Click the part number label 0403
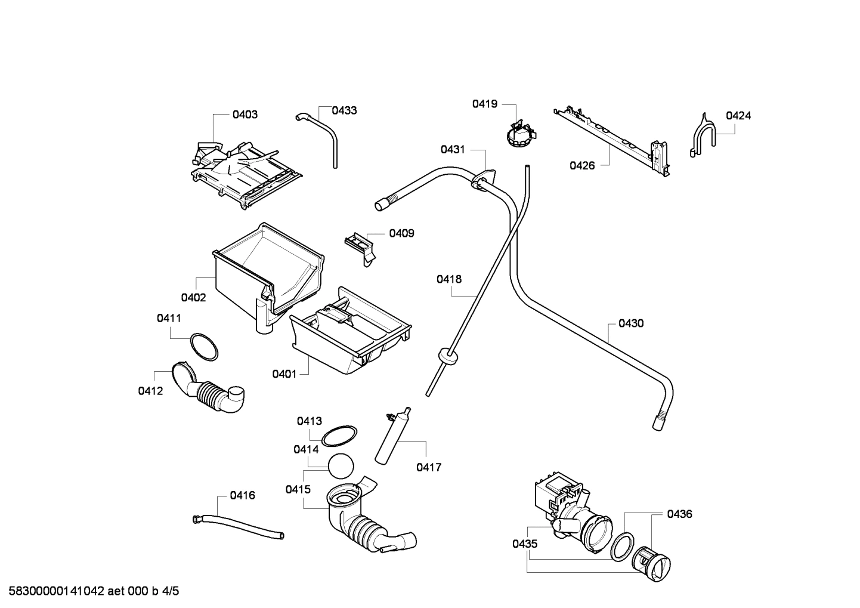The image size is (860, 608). tap(245, 115)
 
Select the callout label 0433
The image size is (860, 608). tap(344, 110)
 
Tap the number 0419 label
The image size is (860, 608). tap(484, 104)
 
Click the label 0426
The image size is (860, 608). tap(581, 166)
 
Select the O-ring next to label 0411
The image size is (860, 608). tap(203, 347)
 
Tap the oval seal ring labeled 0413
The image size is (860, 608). tap(339, 436)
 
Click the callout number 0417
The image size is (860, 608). tap(429, 467)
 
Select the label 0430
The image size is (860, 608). tap(630, 323)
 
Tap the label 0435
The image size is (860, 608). tap(524, 544)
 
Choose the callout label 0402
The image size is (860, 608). tap(193, 298)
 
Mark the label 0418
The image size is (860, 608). tap(448, 279)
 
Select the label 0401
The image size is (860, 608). tap(284, 374)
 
